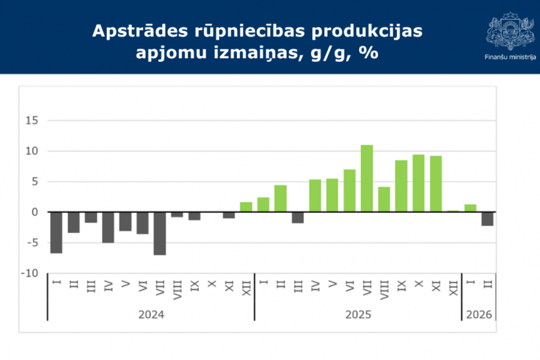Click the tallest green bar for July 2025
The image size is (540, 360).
coord(367,178)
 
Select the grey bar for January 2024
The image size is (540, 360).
coord(56,232)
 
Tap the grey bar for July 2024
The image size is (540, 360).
coord(160,233)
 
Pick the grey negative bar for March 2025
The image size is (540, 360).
coord(298,217)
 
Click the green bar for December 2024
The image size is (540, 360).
coord(246,207)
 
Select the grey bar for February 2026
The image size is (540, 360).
coord(488,219)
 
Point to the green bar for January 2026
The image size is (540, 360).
coord(470,208)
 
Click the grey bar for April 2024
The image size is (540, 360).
coord(108,227)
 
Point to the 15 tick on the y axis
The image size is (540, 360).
coord(32,120)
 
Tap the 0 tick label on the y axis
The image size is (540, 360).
coord(35,212)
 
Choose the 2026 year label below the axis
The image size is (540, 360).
coord(479,314)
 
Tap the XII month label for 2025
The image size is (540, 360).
coord(453,286)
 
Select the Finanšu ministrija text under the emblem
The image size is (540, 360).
coord(510,57)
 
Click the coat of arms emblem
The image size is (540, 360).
coord(510,30)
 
